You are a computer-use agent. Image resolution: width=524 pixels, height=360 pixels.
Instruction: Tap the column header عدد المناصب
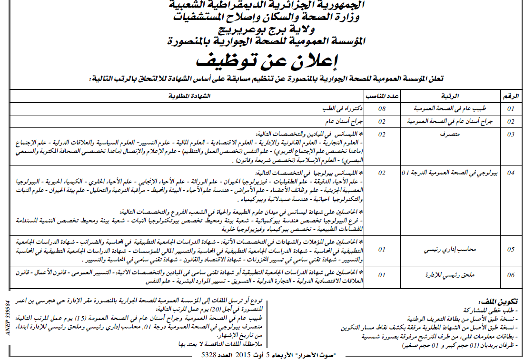(382, 96)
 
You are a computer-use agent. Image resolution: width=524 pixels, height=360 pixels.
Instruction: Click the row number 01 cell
(511, 109)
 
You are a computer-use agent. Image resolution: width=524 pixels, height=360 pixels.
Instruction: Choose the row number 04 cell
(511, 173)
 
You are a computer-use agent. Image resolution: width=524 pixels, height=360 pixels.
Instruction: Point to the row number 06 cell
(511, 275)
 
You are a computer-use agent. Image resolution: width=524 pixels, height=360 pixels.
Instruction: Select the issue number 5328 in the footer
(209, 355)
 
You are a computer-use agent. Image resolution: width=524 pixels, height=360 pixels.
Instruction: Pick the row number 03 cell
(511, 135)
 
